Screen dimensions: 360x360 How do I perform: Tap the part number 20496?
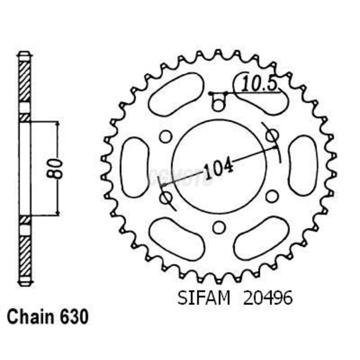click(268, 299)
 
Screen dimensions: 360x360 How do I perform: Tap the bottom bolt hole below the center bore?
click(219, 228)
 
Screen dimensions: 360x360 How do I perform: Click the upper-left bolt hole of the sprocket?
click(165, 137)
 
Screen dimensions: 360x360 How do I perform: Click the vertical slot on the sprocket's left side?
click(135, 167)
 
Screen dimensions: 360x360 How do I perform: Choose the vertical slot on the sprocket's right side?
click(303, 166)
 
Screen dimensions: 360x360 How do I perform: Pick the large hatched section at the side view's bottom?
click(25, 256)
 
